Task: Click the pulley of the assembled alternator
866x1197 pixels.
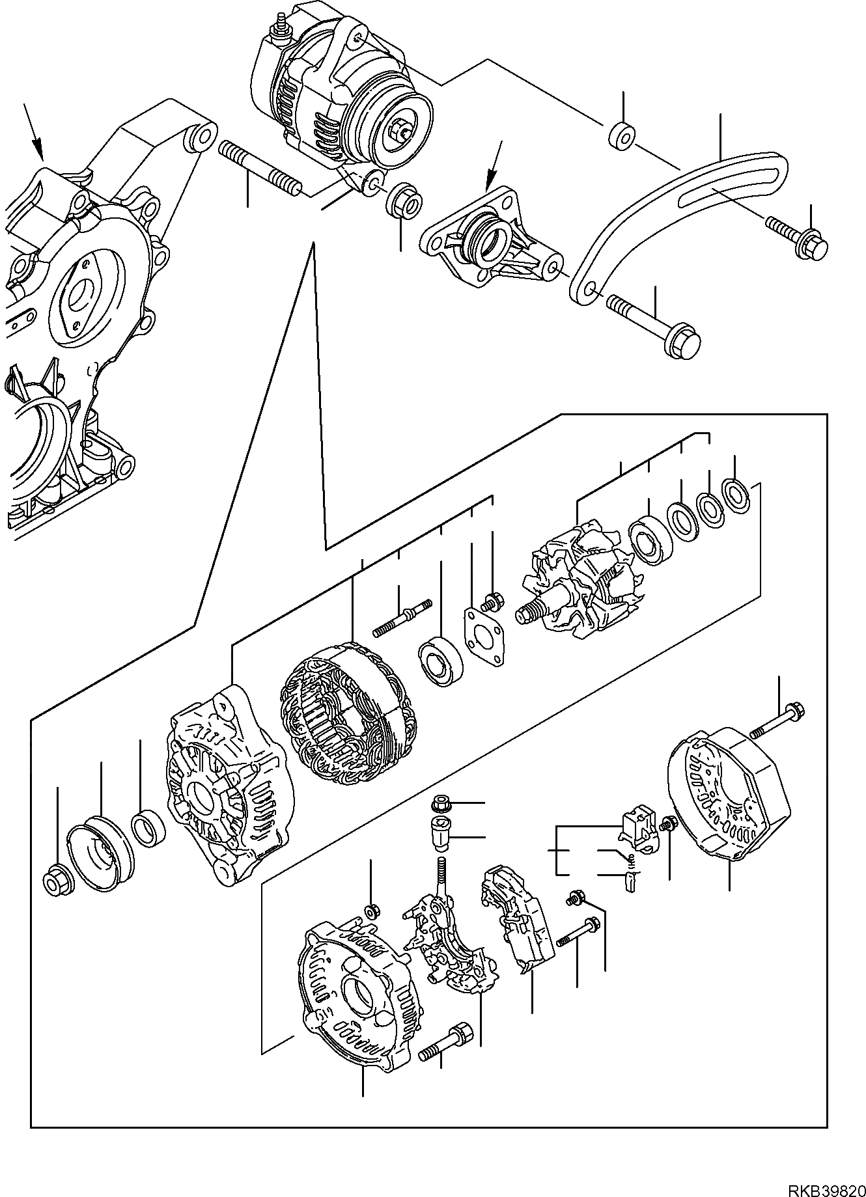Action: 391,130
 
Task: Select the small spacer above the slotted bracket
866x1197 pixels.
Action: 622,135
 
